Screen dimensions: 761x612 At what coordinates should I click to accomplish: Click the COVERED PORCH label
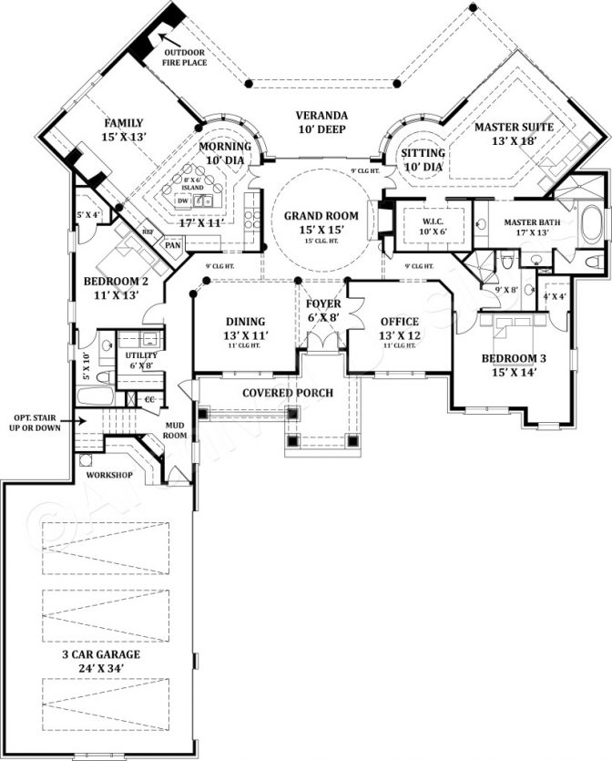pyautogui.click(x=287, y=393)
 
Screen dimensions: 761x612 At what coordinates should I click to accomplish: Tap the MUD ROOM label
pyautogui.click(x=175, y=429)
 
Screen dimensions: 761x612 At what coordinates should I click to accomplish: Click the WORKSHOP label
pyautogui.click(x=109, y=475)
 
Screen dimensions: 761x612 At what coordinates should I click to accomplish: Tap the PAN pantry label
pyautogui.click(x=171, y=245)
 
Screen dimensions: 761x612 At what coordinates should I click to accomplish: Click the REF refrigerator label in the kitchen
pyautogui.click(x=148, y=231)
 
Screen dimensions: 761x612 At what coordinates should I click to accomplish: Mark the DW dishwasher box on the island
pyautogui.click(x=182, y=200)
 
